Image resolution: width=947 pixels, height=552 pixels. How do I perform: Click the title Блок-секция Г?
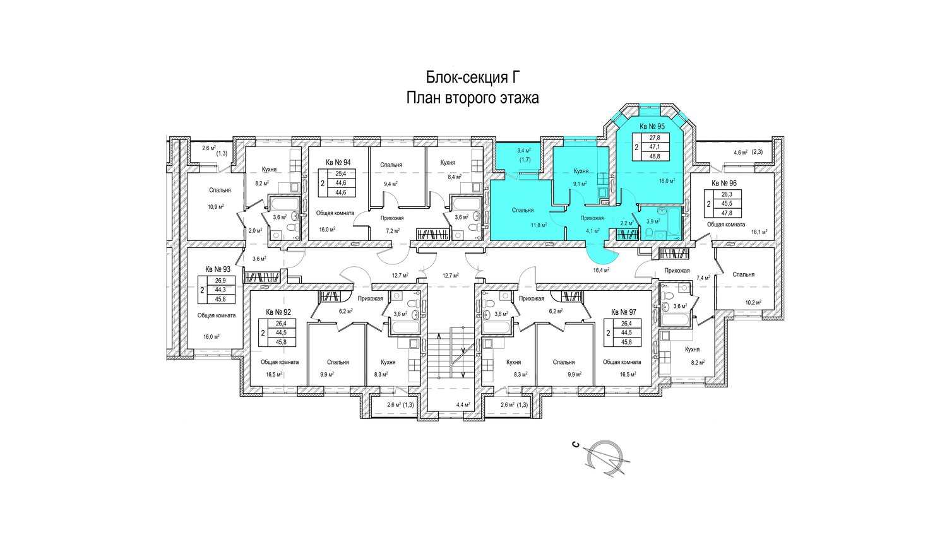coord(473,78)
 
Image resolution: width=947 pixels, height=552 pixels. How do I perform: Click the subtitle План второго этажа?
coord(473,98)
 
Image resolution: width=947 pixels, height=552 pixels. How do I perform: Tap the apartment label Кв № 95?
coord(652,126)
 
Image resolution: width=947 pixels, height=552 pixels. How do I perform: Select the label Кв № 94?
coord(338,162)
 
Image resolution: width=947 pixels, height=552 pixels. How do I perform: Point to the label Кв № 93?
coord(218,269)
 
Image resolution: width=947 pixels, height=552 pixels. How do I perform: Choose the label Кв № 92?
coord(278,312)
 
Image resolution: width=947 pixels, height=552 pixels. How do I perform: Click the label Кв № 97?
coord(623,312)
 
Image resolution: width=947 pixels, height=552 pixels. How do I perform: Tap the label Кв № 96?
coord(724,184)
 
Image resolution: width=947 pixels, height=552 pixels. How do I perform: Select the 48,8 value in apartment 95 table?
coord(654,156)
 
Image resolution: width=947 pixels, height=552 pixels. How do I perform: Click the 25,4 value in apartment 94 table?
coord(341,174)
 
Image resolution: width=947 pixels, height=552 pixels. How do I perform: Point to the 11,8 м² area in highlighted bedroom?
coord(539,225)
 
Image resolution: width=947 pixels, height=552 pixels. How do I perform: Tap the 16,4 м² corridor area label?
coord(601,270)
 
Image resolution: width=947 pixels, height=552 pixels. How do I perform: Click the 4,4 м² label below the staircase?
coord(463,405)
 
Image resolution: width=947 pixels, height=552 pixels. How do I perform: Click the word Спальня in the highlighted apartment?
coord(523,210)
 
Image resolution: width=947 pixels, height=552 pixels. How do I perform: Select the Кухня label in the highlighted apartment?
coord(581,171)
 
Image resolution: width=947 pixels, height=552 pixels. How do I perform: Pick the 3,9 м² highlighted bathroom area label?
coord(653,221)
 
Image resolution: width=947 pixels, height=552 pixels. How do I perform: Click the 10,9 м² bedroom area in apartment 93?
coord(216,206)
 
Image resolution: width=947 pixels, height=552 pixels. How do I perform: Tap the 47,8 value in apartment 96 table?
coord(727,213)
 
